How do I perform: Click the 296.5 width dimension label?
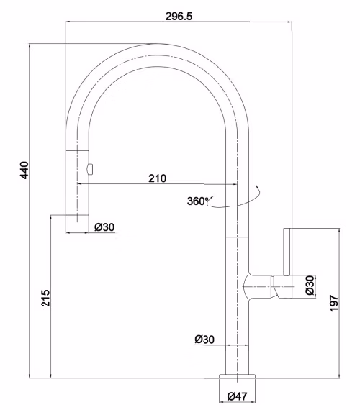[x=179, y=17]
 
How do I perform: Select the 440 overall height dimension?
[x=24, y=170]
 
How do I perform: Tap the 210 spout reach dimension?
[x=158, y=178]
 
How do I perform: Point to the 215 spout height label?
[x=45, y=298]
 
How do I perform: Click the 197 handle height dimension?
[x=334, y=304]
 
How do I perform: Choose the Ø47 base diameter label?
[x=237, y=396]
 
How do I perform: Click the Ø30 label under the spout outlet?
[x=104, y=227]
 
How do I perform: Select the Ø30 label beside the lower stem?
[x=204, y=340]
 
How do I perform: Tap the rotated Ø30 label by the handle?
[x=310, y=285]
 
